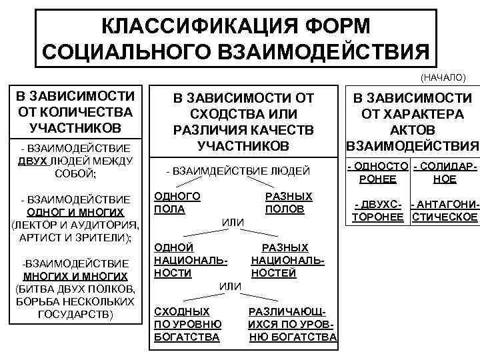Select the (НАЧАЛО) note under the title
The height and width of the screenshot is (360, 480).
coord(443,77)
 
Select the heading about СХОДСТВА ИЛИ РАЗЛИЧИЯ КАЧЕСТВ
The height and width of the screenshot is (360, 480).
coord(243,121)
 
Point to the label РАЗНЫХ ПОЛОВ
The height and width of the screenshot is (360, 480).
coord(288,203)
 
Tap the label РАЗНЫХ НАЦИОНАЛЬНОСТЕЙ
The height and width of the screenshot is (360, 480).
coord(288,260)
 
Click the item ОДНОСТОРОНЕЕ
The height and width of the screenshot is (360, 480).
coord(377,172)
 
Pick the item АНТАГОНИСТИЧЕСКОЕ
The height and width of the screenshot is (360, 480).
coord(445,211)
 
